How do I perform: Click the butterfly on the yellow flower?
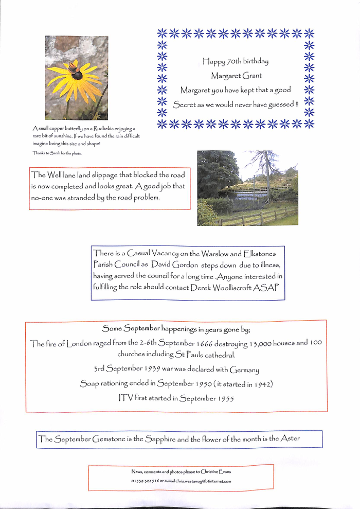73,66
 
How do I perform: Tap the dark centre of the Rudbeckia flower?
77,75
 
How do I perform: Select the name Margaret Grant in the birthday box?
236,76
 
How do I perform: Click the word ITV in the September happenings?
125,398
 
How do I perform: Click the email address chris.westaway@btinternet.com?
203,481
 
